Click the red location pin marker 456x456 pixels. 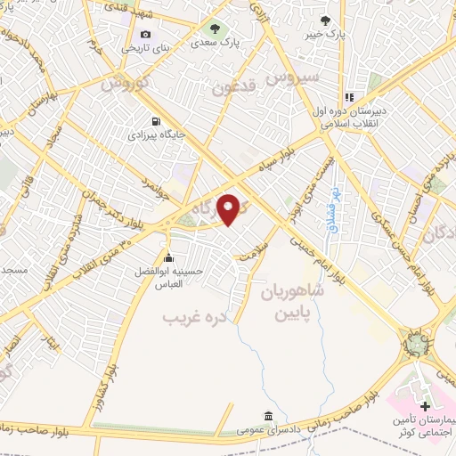[230, 209]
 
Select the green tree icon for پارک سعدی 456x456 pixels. [215, 28]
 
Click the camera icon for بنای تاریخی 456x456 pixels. [146, 34]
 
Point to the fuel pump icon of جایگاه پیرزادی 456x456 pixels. [157, 122]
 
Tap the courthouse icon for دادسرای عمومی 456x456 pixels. [268, 415]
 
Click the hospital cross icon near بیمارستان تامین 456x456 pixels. [424, 406]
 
